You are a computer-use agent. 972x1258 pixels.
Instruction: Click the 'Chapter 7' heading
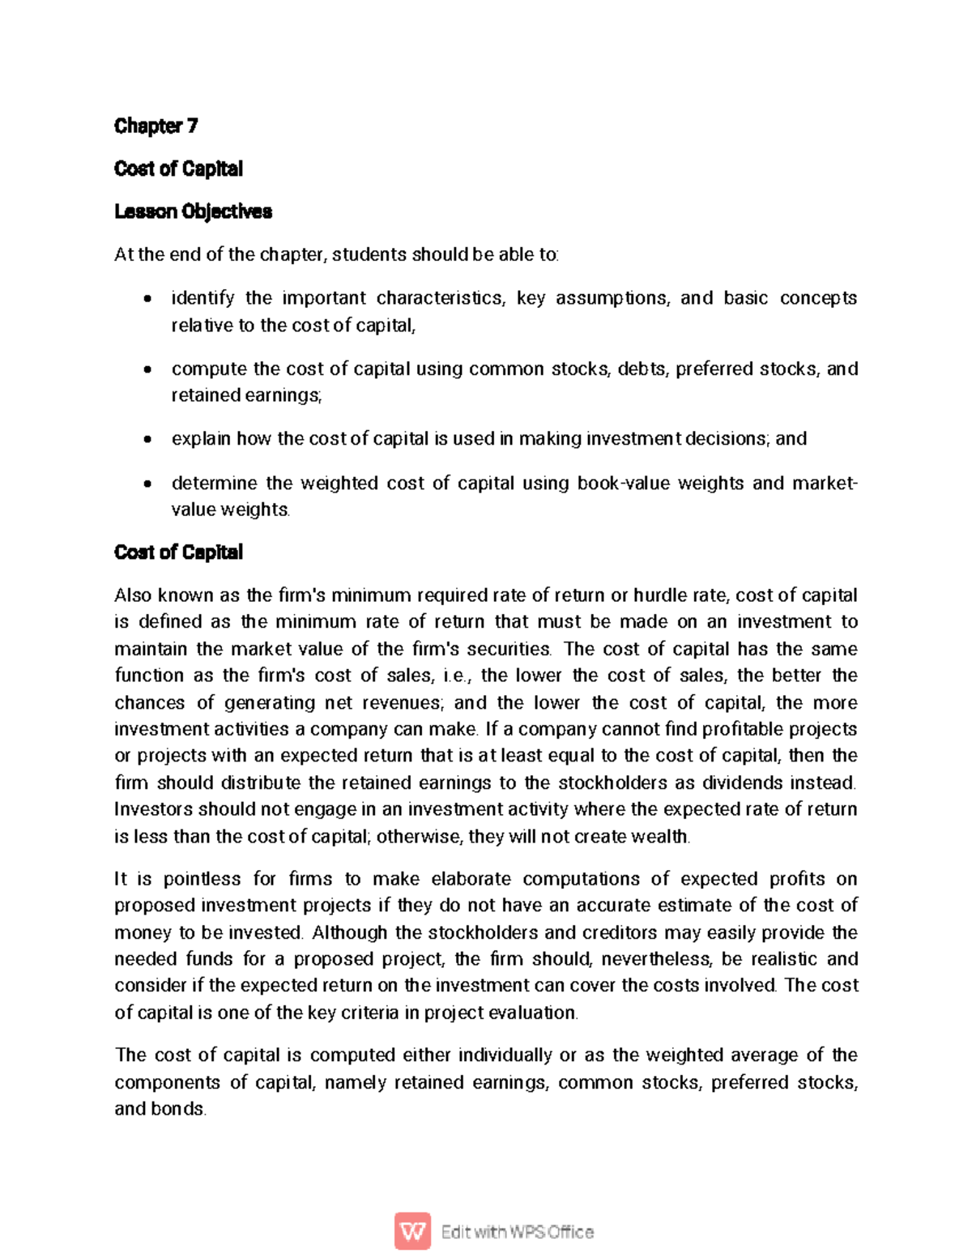point(156,126)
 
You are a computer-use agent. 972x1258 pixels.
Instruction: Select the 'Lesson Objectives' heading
point(193,211)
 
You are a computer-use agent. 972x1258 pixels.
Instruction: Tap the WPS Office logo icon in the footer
point(413,1231)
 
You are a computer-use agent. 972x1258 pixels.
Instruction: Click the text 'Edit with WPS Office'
point(517,1232)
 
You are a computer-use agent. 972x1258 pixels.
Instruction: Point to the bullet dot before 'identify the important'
point(147,299)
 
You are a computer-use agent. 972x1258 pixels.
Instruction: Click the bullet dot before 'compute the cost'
point(147,370)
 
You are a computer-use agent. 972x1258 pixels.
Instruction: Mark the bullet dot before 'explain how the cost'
point(147,440)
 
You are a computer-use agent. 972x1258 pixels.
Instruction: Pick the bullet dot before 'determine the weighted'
point(147,484)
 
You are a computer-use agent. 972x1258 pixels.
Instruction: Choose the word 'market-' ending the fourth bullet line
point(825,484)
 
